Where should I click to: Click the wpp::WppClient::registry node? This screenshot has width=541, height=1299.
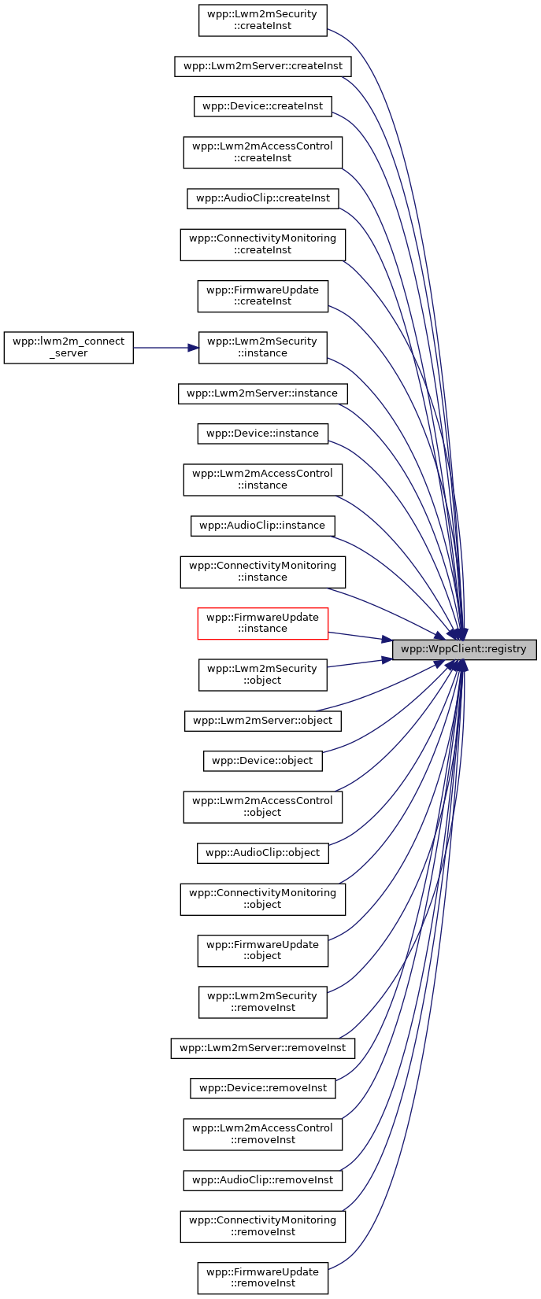pos(465,650)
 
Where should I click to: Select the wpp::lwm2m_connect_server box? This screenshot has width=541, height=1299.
pos(69,348)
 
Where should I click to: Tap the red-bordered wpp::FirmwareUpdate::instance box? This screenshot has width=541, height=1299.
pos(262,623)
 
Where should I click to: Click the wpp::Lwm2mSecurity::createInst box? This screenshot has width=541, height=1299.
pos(262,20)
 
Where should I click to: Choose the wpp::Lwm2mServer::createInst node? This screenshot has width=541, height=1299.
pos(262,66)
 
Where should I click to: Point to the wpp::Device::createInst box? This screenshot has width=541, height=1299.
pos(262,106)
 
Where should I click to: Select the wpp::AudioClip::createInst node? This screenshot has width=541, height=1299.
pos(262,198)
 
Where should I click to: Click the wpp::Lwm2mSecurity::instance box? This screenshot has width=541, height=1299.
pos(262,348)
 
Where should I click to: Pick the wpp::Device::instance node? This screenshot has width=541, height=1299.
pos(262,434)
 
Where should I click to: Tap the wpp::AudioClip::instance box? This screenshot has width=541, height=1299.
pos(262,526)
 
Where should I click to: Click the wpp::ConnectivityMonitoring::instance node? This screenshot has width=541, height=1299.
pos(262,571)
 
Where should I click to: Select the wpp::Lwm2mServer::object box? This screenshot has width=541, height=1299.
pos(262,721)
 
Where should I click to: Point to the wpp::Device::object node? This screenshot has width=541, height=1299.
pos(262,761)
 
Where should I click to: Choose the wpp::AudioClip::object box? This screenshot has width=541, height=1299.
pos(262,853)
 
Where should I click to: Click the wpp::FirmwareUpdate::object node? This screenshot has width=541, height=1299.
pos(262,950)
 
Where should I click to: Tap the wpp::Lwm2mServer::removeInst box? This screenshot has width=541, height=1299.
pos(262,1048)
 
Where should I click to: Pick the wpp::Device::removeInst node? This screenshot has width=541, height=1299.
pos(262,1088)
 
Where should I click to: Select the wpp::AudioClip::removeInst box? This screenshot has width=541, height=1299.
pos(262,1180)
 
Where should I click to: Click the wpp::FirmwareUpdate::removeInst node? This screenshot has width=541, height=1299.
pos(262,1278)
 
